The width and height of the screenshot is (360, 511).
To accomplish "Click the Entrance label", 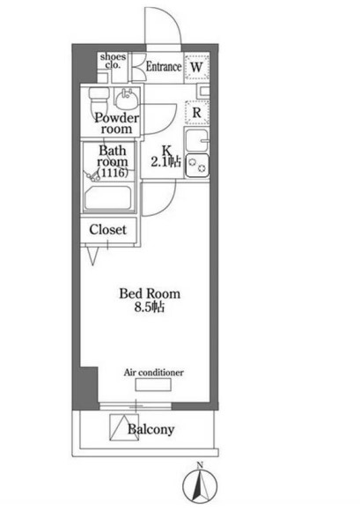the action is pos(164,66).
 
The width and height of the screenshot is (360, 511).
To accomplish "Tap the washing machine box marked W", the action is pos(196,67).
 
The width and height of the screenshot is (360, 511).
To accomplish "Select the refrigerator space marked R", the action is pos(196,113).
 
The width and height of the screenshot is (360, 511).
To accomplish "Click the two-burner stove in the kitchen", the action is pos(197,166).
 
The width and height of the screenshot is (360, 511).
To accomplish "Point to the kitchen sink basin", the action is pos(196,140).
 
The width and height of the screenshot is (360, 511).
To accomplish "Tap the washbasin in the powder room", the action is pos(126,100).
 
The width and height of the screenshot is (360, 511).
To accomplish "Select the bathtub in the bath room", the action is pos(107,198).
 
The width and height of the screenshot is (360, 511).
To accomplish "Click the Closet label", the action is pos(107,230).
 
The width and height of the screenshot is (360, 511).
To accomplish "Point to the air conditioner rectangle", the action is pos(153,384).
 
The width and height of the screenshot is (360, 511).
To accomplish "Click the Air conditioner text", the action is pos(154,372).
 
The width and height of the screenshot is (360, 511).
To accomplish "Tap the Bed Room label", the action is pos(150,293).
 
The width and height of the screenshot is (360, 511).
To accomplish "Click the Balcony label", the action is pos(151,429).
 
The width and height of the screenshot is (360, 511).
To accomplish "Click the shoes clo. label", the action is pos(113,61).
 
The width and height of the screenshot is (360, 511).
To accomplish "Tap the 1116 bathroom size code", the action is pos(113,173).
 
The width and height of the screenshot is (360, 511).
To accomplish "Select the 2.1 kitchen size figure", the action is pos(158,162).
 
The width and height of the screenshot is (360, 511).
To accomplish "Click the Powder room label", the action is pos(116,123).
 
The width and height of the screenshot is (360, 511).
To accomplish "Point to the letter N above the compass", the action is pos(200,465).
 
